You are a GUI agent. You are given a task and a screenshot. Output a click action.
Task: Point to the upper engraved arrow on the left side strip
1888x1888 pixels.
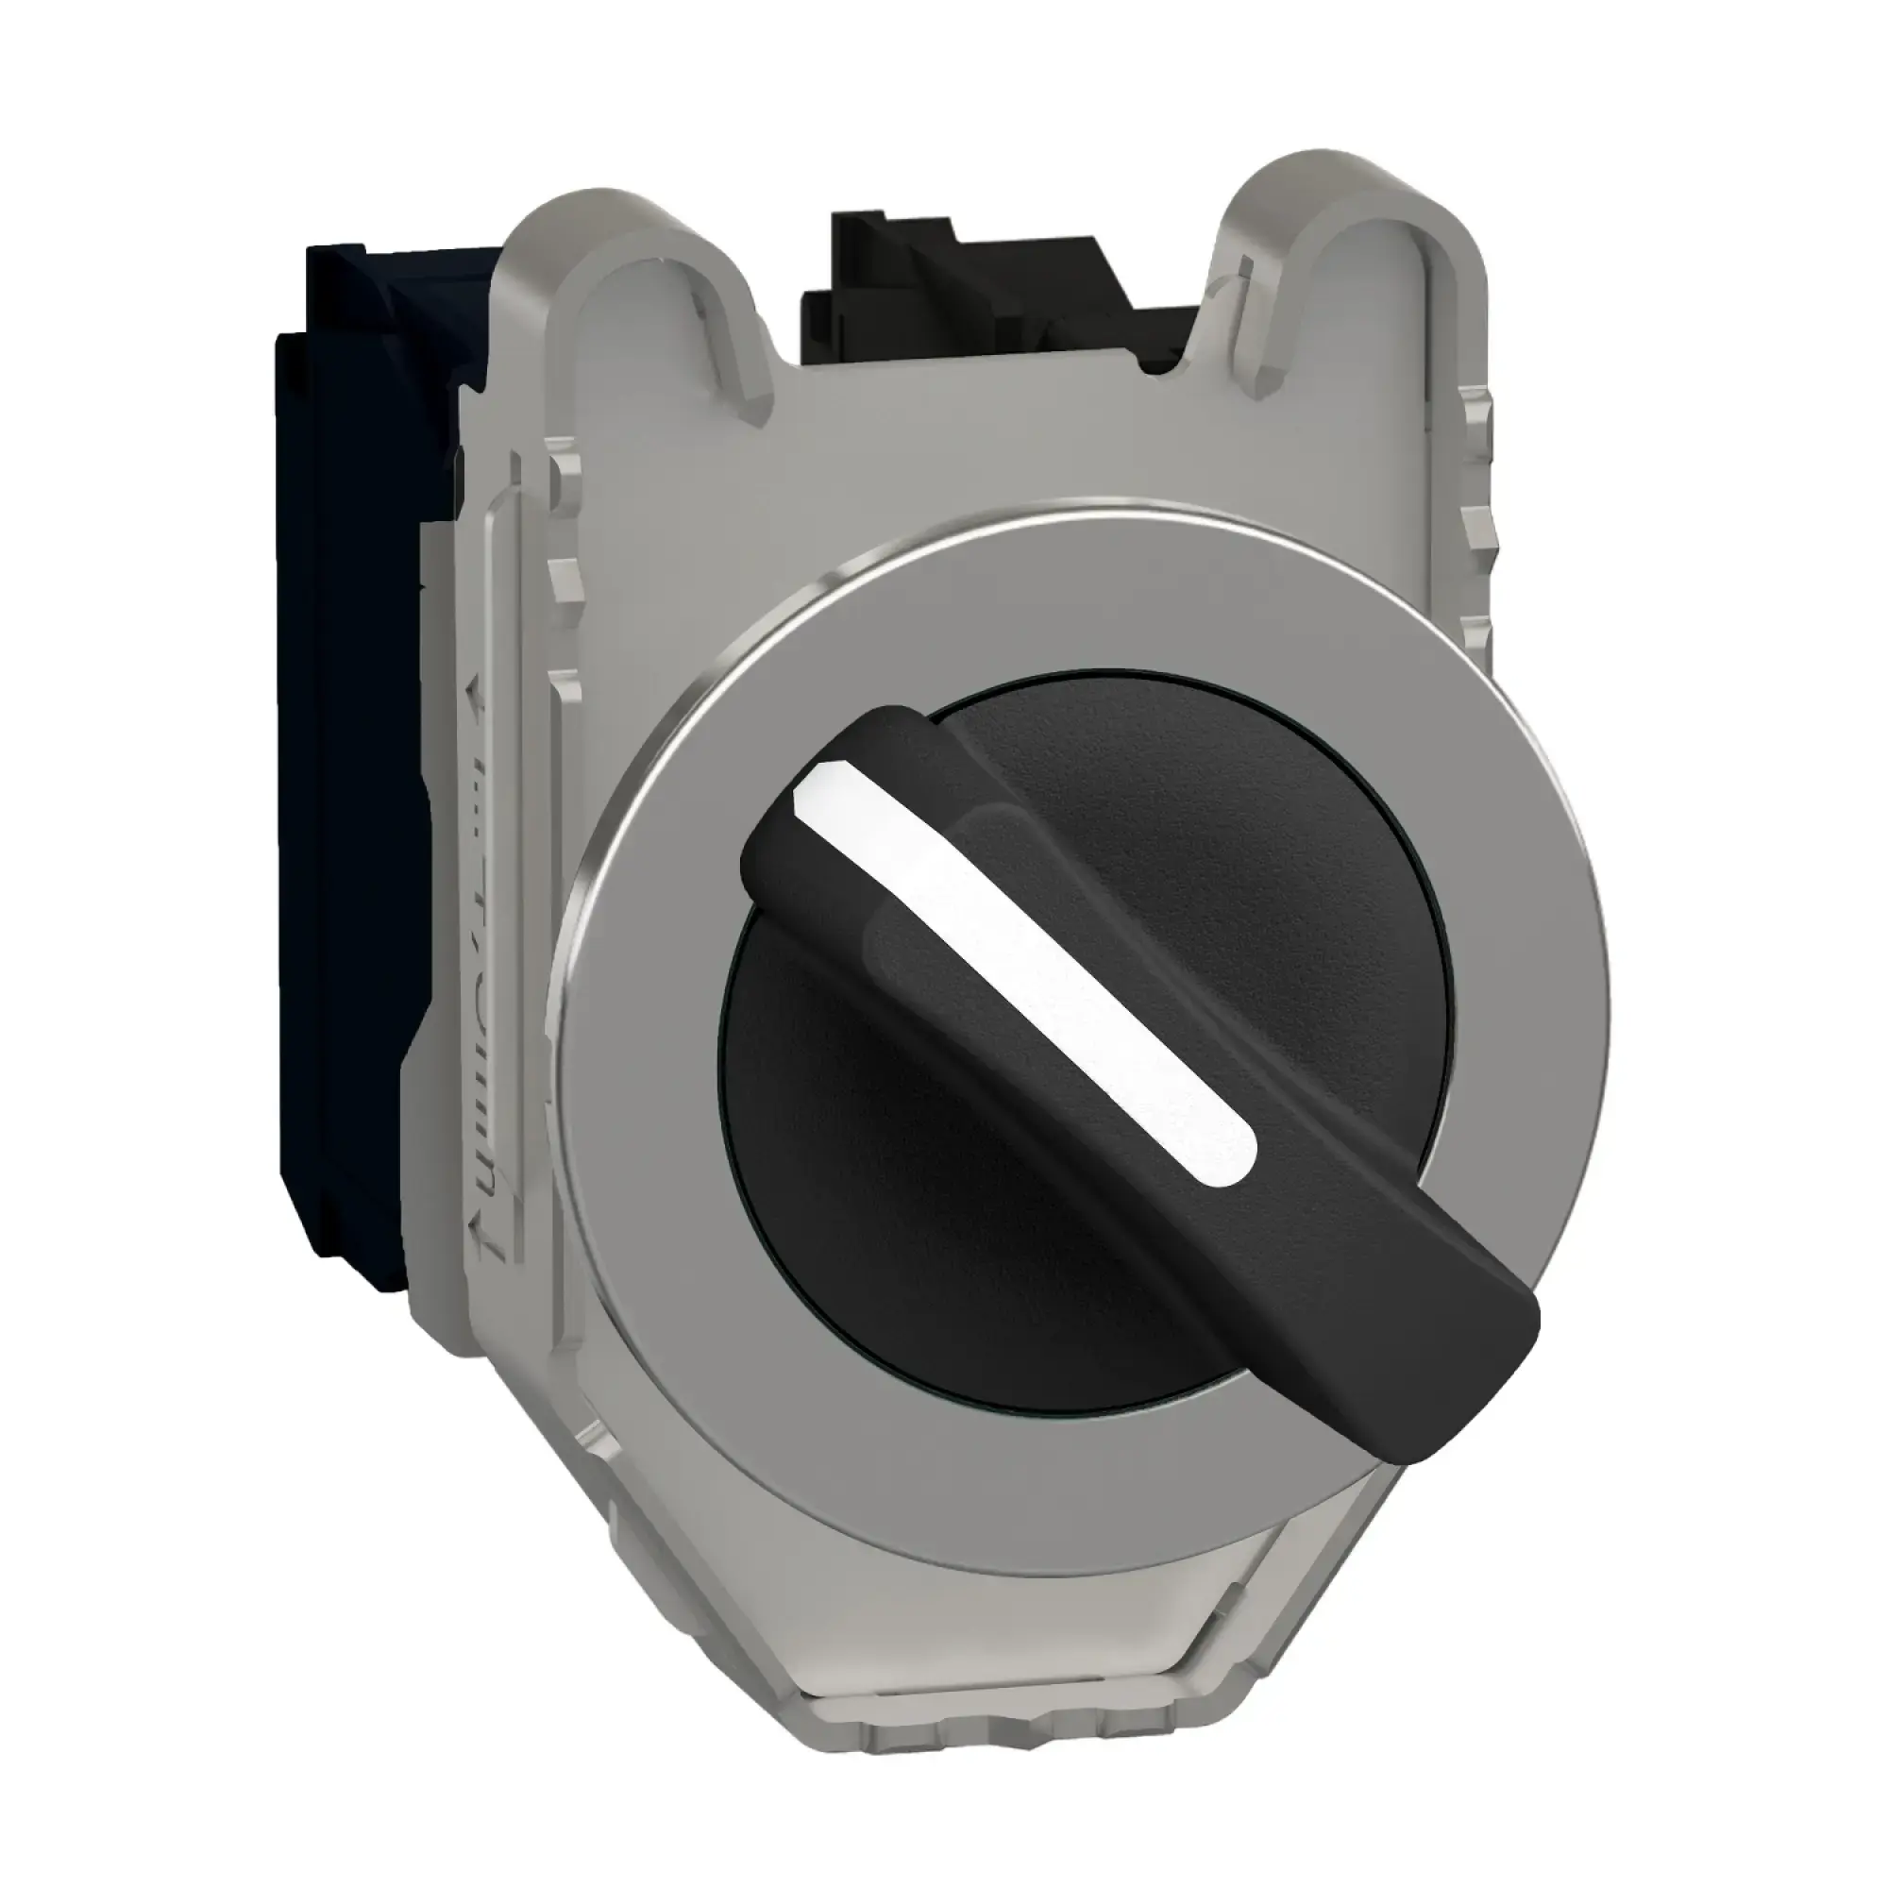(x=476, y=693)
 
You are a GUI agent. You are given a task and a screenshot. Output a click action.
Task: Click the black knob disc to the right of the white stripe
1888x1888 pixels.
(x=1271, y=880)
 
